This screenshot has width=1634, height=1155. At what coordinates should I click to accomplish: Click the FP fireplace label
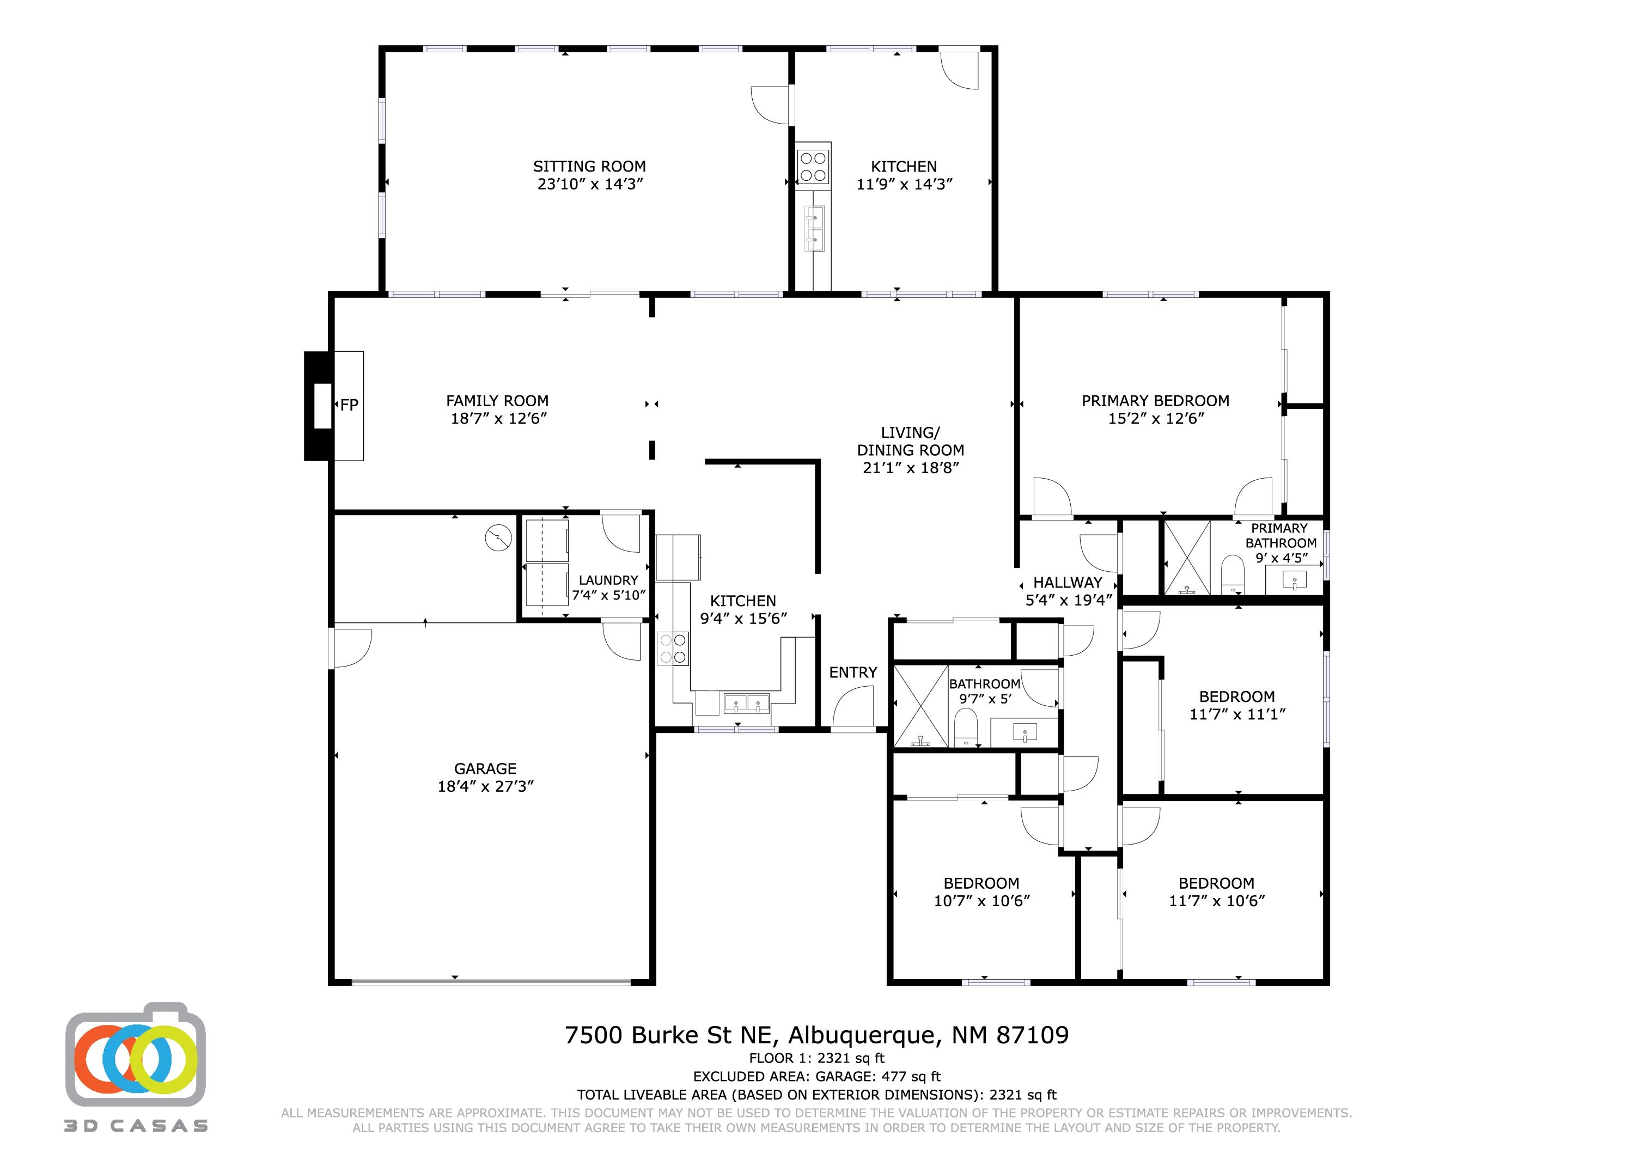[x=349, y=405]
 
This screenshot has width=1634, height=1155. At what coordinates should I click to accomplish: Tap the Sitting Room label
[x=589, y=167]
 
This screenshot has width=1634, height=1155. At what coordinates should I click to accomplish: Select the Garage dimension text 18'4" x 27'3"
[x=485, y=786]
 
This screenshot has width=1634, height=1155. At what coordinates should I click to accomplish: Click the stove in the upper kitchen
[x=813, y=166]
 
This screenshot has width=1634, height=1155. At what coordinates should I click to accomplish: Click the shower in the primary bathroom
[x=1186, y=557]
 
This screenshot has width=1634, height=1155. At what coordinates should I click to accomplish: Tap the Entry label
[x=852, y=673]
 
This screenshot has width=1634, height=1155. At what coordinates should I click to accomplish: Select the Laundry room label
[x=608, y=580]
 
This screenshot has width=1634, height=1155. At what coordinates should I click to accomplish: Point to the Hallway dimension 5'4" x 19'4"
[x=1068, y=600]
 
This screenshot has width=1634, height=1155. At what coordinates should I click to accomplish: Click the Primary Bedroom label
[x=1155, y=401]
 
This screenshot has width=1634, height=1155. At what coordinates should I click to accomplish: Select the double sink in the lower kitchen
[x=747, y=703]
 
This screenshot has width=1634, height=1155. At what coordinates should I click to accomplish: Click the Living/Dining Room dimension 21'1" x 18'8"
[x=911, y=468]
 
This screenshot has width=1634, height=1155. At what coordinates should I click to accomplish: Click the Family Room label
[x=497, y=401]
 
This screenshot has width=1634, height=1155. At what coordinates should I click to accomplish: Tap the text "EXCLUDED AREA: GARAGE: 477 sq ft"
[x=816, y=1077]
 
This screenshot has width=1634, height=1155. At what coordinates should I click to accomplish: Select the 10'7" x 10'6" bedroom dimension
[x=981, y=901]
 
